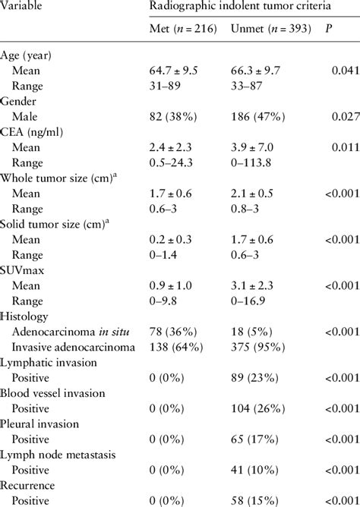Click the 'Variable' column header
[x=22, y=7]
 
